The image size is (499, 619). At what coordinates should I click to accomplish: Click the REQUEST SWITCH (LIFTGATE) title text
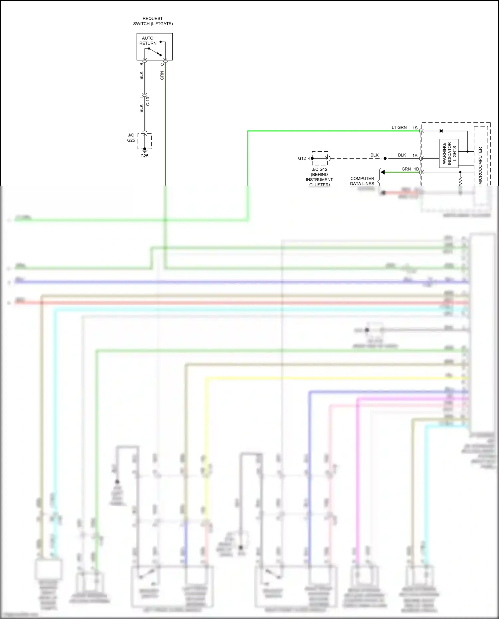[153, 21]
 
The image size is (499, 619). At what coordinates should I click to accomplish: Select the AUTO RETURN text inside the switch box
[148, 41]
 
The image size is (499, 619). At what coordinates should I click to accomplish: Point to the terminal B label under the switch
[141, 64]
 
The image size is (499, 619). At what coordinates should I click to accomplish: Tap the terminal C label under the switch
[162, 64]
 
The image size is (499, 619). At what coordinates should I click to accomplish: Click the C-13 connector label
[148, 101]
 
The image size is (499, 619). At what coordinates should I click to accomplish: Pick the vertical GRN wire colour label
[162, 75]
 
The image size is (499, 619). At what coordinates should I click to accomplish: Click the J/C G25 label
[131, 138]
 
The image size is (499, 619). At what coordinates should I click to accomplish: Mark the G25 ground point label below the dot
[144, 156]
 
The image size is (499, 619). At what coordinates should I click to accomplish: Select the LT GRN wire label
[399, 127]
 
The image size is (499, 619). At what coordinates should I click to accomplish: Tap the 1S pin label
[415, 128]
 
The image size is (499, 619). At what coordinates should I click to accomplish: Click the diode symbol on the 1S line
[441, 131]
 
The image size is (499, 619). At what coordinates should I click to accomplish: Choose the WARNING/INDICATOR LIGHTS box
[449, 153]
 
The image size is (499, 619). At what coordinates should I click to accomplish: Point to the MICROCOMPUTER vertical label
[480, 166]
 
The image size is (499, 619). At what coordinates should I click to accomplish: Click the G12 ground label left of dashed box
[302, 158]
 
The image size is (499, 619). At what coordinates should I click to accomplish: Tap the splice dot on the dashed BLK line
[385, 159]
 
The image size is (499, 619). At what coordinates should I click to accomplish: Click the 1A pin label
[415, 155]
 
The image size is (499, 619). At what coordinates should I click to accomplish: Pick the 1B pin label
[416, 169]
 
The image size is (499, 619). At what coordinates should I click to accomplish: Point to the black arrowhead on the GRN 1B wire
[383, 172]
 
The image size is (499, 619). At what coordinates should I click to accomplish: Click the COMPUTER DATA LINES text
[362, 181]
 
